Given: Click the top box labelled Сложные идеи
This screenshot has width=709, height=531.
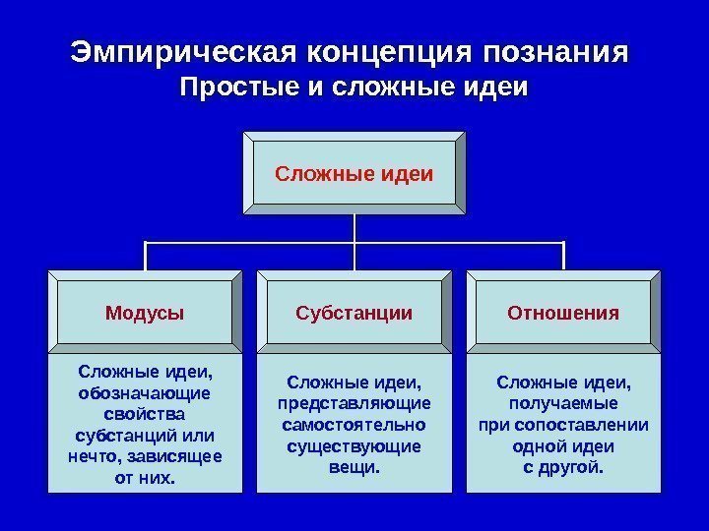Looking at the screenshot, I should [x=354, y=174].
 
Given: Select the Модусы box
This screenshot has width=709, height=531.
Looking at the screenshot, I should [x=145, y=313].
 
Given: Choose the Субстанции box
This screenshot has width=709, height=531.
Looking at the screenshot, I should [x=354, y=313].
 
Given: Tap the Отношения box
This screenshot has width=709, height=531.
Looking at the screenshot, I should [x=563, y=313].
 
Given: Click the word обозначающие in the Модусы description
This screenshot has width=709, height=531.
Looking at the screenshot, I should [x=144, y=393].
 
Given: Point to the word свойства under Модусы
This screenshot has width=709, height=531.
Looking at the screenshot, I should [x=144, y=414].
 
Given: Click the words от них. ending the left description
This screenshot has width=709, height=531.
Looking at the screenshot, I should [x=144, y=478].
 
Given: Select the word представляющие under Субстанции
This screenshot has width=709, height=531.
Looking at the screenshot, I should [x=354, y=403].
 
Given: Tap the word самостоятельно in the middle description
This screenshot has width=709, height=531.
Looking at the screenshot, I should [x=354, y=425].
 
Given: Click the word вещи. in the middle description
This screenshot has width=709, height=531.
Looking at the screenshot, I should [x=354, y=467].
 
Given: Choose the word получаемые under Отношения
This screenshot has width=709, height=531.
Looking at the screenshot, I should [x=563, y=403].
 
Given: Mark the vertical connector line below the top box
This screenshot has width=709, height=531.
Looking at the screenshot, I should [x=354, y=228].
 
